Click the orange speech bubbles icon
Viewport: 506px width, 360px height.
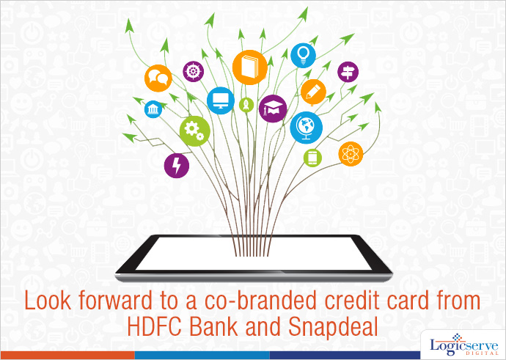[x=158, y=78]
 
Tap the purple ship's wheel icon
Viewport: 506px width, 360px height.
[x=194, y=72]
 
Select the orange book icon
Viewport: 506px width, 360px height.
[x=250, y=67]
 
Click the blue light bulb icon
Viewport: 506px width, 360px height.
[x=303, y=56]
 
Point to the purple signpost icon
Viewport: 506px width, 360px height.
[x=348, y=72]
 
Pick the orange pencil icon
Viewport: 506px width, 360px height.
[x=313, y=92]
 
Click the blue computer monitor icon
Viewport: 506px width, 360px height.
[x=221, y=100]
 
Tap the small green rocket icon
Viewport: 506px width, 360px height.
[x=246, y=105]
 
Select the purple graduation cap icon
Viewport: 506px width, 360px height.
[x=273, y=109]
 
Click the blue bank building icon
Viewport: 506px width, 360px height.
[x=153, y=109]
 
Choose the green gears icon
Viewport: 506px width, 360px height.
[x=195, y=131]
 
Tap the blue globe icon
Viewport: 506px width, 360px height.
[x=307, y=128]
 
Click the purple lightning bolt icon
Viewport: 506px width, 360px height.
[x=177, y=166]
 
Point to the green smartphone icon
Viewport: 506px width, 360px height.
[x=312, y=158]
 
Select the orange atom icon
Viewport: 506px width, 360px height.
[x=351, y=154]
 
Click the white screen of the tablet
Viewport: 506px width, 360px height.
[x=254, y=253]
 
